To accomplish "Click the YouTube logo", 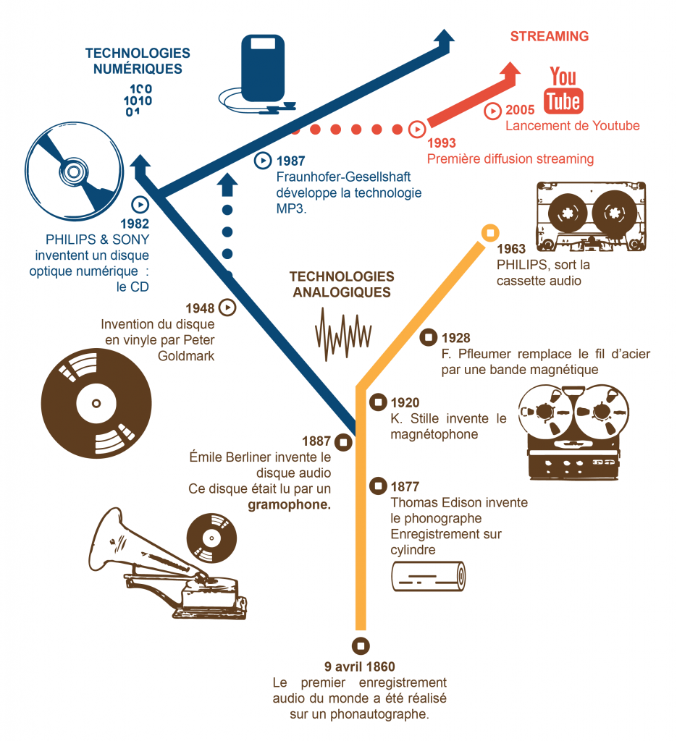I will [x=563, y=90].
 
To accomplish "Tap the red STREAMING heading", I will [x=549, y=36].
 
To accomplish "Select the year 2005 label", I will [x=520, y=111].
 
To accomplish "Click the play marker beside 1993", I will [x=417, y=130].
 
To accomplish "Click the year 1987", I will [x=291, y=161].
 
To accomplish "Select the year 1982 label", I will [x=135, y=223].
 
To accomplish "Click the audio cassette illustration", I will [x=590, y=215].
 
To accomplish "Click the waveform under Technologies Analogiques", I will [x=342, y=334].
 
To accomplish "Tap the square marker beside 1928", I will [x=429, y=337].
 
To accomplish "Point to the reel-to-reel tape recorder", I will [x=572, y=432].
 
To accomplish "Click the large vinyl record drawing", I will [x=96, y=402].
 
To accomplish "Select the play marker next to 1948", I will [x=228, y=308].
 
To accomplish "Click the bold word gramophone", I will [x=289, y=504].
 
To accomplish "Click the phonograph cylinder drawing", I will [x=428, y=577].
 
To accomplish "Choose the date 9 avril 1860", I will [x=360, y=666].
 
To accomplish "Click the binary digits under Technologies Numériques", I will [x=138, y=100].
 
